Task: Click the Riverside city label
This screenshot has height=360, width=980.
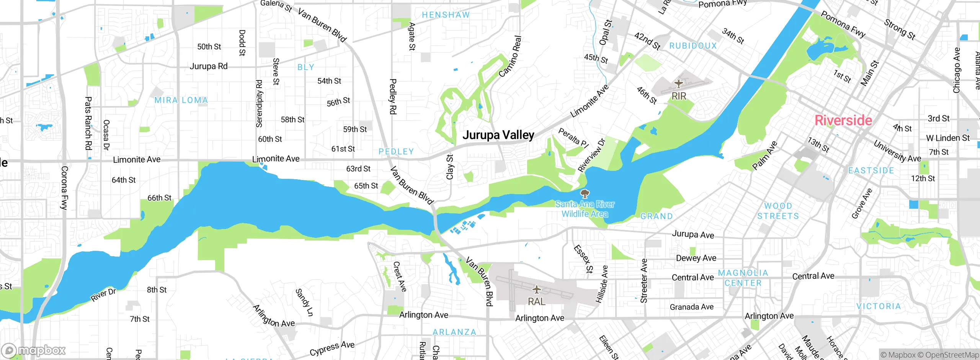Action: click(x=843, y=120)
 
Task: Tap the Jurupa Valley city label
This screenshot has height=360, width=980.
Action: click(x=498, y=135)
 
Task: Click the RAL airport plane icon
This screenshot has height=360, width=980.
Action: click(x=537, y=290)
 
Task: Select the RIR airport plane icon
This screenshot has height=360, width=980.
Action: click(x=679, y=83)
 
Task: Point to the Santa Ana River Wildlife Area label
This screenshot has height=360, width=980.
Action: click(x=585, y=209)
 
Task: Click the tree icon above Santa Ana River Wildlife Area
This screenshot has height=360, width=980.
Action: click(x=585, y=193)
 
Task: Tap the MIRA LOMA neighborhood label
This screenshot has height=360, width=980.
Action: click(x=181, y=100)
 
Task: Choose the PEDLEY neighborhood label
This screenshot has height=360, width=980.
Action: click(x=396, y=152)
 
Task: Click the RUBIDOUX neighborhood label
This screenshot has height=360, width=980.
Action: click(x=693, y=46)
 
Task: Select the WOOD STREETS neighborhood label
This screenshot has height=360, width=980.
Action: click(x=778, y=211)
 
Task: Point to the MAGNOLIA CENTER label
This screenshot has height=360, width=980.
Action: click(x=743, y=278)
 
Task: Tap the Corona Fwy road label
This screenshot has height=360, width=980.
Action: click(x=64, y=188)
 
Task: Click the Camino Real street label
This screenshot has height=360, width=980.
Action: click(x=510, y=56)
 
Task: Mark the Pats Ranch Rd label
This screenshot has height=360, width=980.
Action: click(x=88, y=123)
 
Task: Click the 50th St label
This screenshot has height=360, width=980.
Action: click(x=209, y=47)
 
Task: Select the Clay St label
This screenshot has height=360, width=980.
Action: click(x=450, y=167)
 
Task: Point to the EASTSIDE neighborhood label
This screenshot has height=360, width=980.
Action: click(x=871, y=170)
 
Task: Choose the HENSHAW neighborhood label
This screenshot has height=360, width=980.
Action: click(x=446, y=15)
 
